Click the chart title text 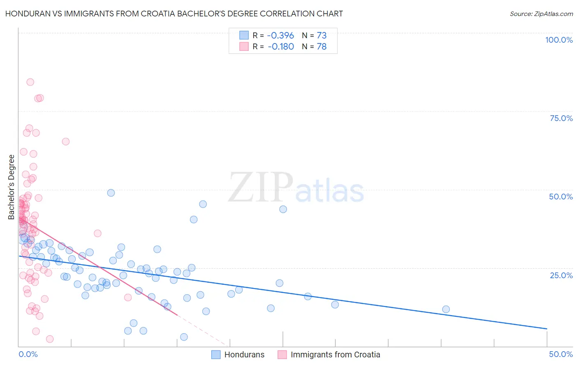pos(174,14)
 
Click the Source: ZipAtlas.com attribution pos(541,14)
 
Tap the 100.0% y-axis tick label pos(559,40)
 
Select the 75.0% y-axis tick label pos(561,118)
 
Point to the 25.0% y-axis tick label pos(561,275)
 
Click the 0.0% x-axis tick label pos(28,354)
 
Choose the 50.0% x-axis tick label pos(561,354)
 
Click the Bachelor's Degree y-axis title pos(12,187)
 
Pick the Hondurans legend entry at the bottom pos(238,355)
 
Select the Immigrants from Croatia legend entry pos(329,355)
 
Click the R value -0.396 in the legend pos(281,36)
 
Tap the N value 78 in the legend pos(321,47)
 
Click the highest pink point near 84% pos(30,82)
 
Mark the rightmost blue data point pos(446,309)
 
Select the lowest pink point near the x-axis pos(50,339)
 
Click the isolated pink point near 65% pos(66,142)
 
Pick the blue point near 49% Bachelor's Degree pos(111,193)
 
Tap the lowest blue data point pos(184,337)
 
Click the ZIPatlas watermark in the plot pos(296,188)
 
